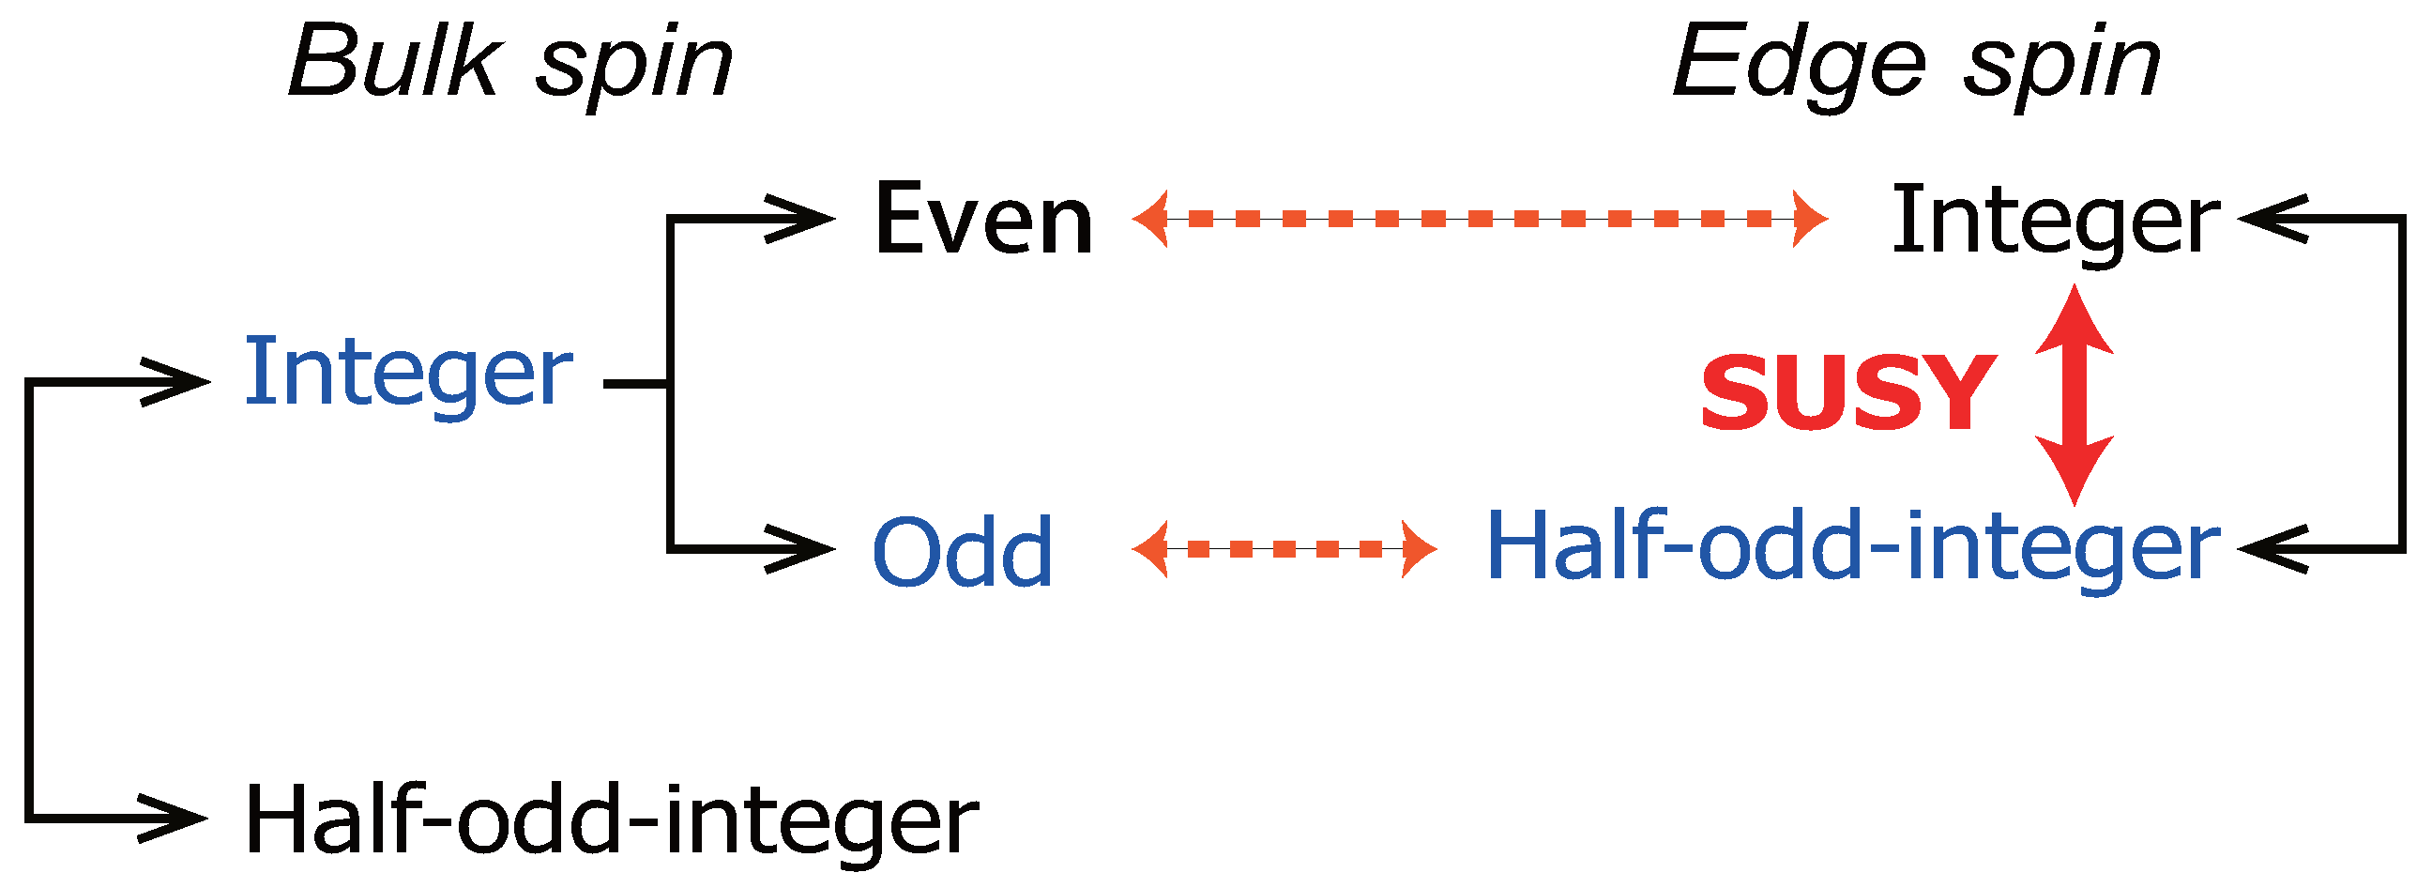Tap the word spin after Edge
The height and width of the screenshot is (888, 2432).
tap(2062, 68)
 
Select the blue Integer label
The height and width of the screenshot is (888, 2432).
tap(408, 375)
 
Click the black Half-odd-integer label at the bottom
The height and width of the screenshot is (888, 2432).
tap(611, 820)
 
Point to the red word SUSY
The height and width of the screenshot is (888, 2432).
tap(1849, 392)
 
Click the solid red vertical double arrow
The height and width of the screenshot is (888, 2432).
tap(2075, 395)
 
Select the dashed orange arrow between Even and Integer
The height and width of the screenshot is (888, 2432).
tap(1480, 219)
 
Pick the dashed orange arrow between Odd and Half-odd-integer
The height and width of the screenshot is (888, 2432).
tap(1284, 548)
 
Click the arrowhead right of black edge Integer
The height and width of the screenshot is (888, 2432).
tap(2270, 219)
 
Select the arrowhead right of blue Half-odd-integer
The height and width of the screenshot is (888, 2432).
tap(2270, 548)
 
